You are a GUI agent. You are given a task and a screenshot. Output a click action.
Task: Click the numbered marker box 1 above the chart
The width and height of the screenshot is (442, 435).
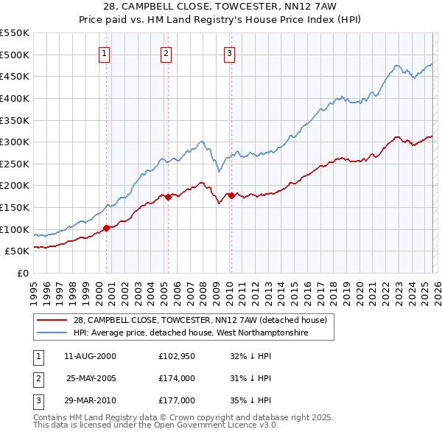(105, 53)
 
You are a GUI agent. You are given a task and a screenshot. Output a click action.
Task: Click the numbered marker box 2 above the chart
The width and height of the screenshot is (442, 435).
(166, 53)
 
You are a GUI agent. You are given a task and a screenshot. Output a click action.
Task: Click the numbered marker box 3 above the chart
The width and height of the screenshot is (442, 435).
(229, 53)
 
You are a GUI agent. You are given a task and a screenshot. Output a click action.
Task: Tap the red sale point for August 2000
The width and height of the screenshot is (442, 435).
(106, 228)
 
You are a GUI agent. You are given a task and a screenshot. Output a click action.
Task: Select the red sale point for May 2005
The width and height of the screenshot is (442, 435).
(168, 196)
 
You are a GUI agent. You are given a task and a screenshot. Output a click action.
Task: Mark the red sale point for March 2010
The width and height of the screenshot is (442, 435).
(231, 195)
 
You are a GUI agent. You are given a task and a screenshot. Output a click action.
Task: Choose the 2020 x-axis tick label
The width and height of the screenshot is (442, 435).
(359, 290)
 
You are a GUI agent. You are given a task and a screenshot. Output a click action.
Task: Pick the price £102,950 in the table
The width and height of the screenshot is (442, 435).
(176, 356)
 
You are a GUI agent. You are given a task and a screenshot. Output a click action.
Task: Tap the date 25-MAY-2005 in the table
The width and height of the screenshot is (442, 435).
(91, 378)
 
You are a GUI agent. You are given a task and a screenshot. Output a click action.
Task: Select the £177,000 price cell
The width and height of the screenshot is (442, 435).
(176, 400)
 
